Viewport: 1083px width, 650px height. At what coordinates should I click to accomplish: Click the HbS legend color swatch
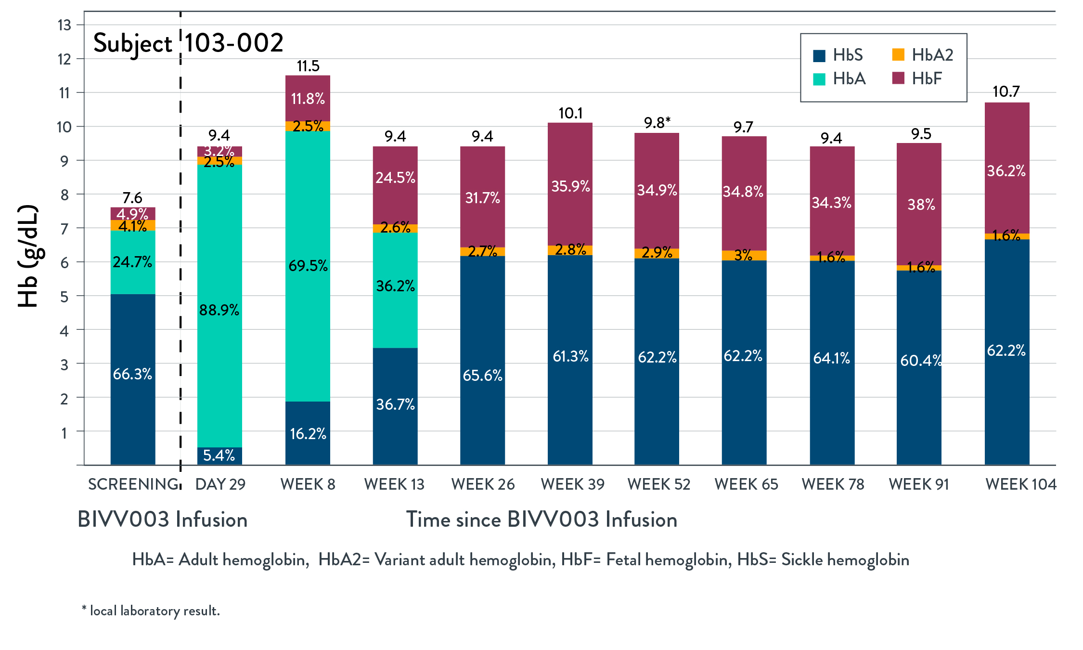819,56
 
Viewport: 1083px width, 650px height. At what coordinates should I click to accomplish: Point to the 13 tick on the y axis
64,25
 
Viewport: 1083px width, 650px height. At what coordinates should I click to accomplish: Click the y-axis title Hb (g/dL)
27,256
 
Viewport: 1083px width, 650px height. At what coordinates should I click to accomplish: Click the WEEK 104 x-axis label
1020,484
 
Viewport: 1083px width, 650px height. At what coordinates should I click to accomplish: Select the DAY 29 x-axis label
220,484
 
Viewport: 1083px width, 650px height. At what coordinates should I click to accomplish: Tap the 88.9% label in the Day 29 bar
219,310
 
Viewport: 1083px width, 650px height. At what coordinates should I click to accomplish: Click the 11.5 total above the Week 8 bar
308,66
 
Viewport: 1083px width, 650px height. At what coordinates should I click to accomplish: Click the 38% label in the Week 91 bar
921,205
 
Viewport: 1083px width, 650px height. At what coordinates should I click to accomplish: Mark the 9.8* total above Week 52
657,123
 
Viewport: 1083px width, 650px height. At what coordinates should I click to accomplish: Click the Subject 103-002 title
188,43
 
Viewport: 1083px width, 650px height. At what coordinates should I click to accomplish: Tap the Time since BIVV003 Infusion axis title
541,520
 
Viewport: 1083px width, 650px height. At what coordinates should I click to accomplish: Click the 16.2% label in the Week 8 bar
308,434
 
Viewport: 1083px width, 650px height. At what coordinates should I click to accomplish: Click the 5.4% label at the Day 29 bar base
219,455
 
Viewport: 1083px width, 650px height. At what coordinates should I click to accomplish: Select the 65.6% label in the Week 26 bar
482,376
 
